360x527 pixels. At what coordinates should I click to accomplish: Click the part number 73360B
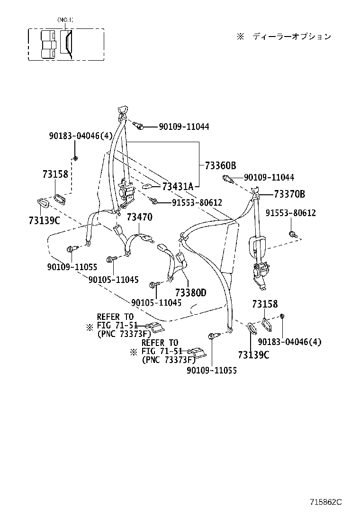point(220,166)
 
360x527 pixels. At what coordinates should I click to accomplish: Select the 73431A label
point(178,186)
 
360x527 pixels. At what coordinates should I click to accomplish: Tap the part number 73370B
point(288,194)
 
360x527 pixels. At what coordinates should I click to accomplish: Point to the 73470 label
point(139,218)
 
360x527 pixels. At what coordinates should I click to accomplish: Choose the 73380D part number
point(190,293)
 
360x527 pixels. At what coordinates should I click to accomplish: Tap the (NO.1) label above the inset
point(65,20)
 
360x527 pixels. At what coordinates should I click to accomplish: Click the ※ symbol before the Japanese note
point(240,36)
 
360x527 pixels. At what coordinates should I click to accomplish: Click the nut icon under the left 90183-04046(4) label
point(75,158)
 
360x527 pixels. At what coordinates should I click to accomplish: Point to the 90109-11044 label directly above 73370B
point(269,177)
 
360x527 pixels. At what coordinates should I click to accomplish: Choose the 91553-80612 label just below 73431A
point(197,202)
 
